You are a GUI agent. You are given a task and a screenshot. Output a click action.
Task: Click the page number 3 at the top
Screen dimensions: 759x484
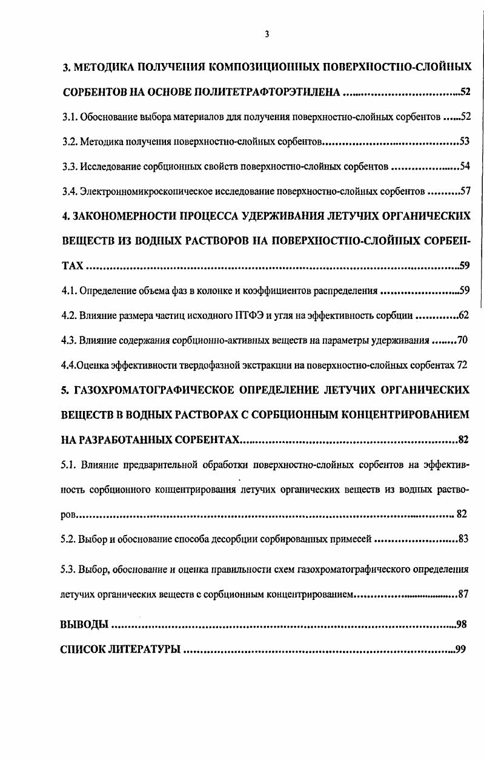267,34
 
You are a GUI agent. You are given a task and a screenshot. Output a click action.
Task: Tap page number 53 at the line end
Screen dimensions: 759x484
465,142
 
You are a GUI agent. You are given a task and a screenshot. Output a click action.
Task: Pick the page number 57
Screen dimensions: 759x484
465,191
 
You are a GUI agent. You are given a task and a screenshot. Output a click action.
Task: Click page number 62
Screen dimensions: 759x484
464,315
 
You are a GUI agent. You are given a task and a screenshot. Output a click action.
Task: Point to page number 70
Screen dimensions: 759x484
462,340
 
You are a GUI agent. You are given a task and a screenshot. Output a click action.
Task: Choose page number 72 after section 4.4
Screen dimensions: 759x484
462,365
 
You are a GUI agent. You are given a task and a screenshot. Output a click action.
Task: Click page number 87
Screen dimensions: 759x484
463,594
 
